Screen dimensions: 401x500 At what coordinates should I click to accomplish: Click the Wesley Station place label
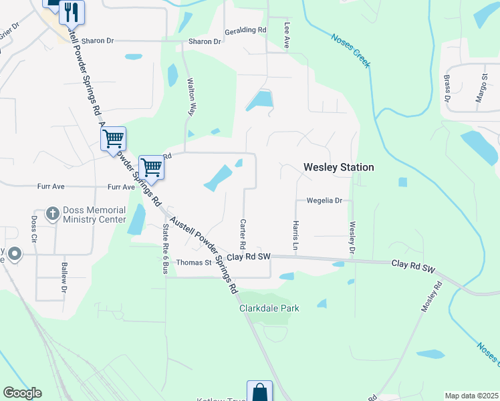338,167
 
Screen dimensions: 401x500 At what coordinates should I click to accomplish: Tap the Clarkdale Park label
269,308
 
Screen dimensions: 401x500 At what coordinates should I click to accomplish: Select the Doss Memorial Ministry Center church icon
52,214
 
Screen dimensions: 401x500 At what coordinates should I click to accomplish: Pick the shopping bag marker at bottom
259,392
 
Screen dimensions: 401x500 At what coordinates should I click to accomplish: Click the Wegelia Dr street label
324,200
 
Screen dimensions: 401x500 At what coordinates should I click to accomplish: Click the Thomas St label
193,263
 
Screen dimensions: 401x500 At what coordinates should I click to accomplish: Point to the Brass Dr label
447,92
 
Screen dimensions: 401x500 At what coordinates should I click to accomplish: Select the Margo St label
480,88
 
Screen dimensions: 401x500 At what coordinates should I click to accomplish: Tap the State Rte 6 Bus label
165,249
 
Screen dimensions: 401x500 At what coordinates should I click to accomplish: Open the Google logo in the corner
22,393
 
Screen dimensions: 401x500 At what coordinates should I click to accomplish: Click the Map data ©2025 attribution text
471,396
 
